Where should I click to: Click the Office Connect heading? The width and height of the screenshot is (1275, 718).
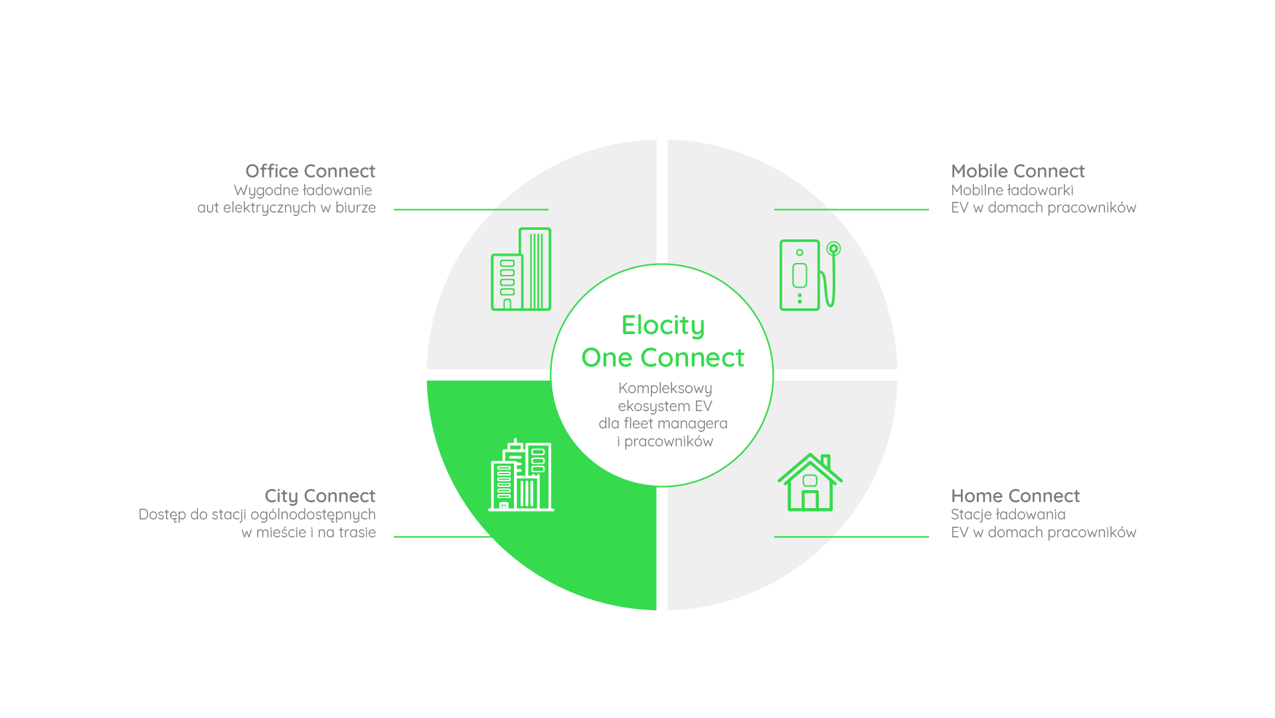pos(310,171)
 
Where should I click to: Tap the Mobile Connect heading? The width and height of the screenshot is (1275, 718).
pos(1017,171)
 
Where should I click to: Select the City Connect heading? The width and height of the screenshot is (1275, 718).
pos(320,496)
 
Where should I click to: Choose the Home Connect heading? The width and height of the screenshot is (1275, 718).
pos(1015,496)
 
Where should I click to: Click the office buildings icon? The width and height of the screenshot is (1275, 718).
pos(521,269)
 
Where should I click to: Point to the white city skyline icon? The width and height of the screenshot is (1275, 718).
pos(521,475)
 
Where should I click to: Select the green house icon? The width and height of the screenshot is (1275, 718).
pos(810,482)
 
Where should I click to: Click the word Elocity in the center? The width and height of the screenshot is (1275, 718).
pos(663,326)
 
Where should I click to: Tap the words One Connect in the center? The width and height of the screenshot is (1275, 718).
pos(663,358)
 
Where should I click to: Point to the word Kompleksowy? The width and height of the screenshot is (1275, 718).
pos(665,389)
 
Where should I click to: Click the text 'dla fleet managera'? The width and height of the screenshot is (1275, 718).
pos(663,424)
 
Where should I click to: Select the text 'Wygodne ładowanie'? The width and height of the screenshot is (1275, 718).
pos(303,191)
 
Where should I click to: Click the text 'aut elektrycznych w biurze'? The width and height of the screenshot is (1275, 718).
pos(286,208)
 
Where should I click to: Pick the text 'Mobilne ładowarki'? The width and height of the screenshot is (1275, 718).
pos(1012,191)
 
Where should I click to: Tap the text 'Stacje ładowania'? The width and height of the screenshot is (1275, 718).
pos(1008,515)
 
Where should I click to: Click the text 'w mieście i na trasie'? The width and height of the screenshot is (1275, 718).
pos(309,533)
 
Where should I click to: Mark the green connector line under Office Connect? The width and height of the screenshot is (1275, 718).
pos(471,210)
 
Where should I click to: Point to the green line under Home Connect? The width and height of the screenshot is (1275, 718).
pos(851,537)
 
